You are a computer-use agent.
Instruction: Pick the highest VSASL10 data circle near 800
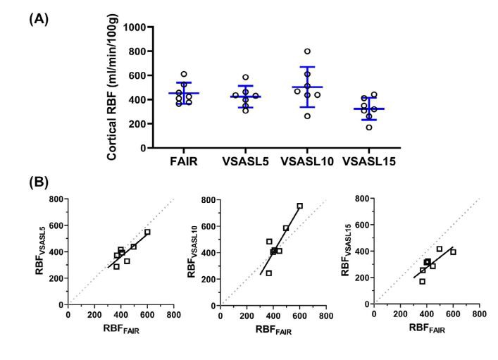tap(307, 51)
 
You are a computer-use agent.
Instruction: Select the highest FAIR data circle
tap(184, 74)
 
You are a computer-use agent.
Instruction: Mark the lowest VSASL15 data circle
tap(368, 127)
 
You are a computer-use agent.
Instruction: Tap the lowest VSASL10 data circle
tap(307, 116)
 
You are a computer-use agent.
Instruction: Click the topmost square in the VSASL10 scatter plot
tap(299, 206)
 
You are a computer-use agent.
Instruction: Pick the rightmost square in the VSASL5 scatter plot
tap(147, 232)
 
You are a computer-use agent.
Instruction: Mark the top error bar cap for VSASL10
tap(307, 67)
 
